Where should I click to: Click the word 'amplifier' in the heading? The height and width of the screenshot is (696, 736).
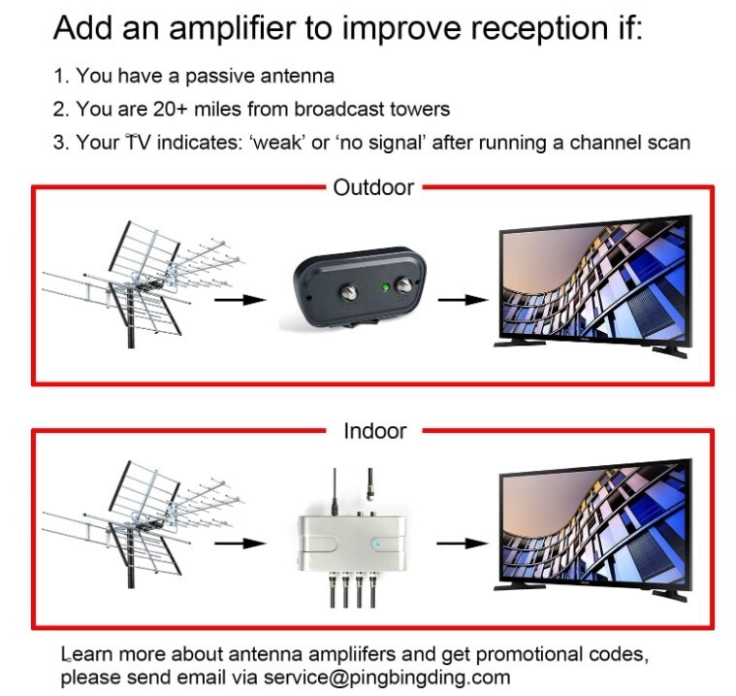233,28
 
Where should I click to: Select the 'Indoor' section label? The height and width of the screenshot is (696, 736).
373,430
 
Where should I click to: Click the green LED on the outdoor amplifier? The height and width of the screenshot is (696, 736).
386,288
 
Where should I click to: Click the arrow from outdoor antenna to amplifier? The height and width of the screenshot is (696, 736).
239,299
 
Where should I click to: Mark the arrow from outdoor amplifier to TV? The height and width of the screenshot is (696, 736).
461,299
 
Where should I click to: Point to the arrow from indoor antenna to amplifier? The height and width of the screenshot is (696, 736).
239,543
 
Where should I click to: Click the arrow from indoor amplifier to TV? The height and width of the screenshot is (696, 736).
461,543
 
